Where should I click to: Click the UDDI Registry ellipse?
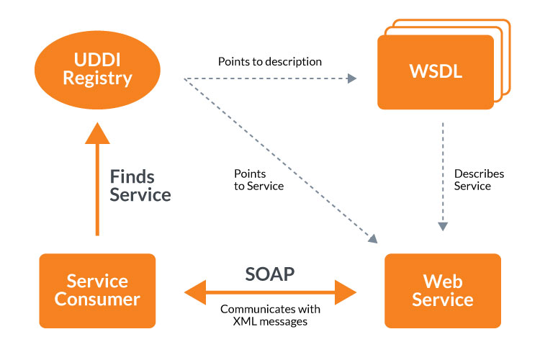pyautogui.click(x=97, y=69)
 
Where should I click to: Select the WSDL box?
pyautogui.click(x=436, y=73)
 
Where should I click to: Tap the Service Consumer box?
pyautogui.click(x=97, y=290)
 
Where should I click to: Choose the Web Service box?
pyautogui.click(x=443, y=290)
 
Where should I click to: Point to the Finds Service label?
pyautogui.click(x=140, y=185)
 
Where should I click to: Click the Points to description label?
pyautogui.click(x=270, y=62)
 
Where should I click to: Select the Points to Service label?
pyautogui.click(x=258, y=180)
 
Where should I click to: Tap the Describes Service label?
pyautogui.click(x=479, y=180)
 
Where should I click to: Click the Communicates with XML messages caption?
pyautogui.click(x=270, y=315)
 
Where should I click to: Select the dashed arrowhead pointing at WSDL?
pyautogui.click(x=352, y=78)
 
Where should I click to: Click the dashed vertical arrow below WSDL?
pyautogui.click(x=443, y=173)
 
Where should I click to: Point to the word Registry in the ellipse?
pyautogui.click(x=97, y=78)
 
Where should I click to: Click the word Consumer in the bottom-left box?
pyautogui.click(x=97, y=299)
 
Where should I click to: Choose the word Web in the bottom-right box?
pyautogui.click(x=443, y=281)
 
